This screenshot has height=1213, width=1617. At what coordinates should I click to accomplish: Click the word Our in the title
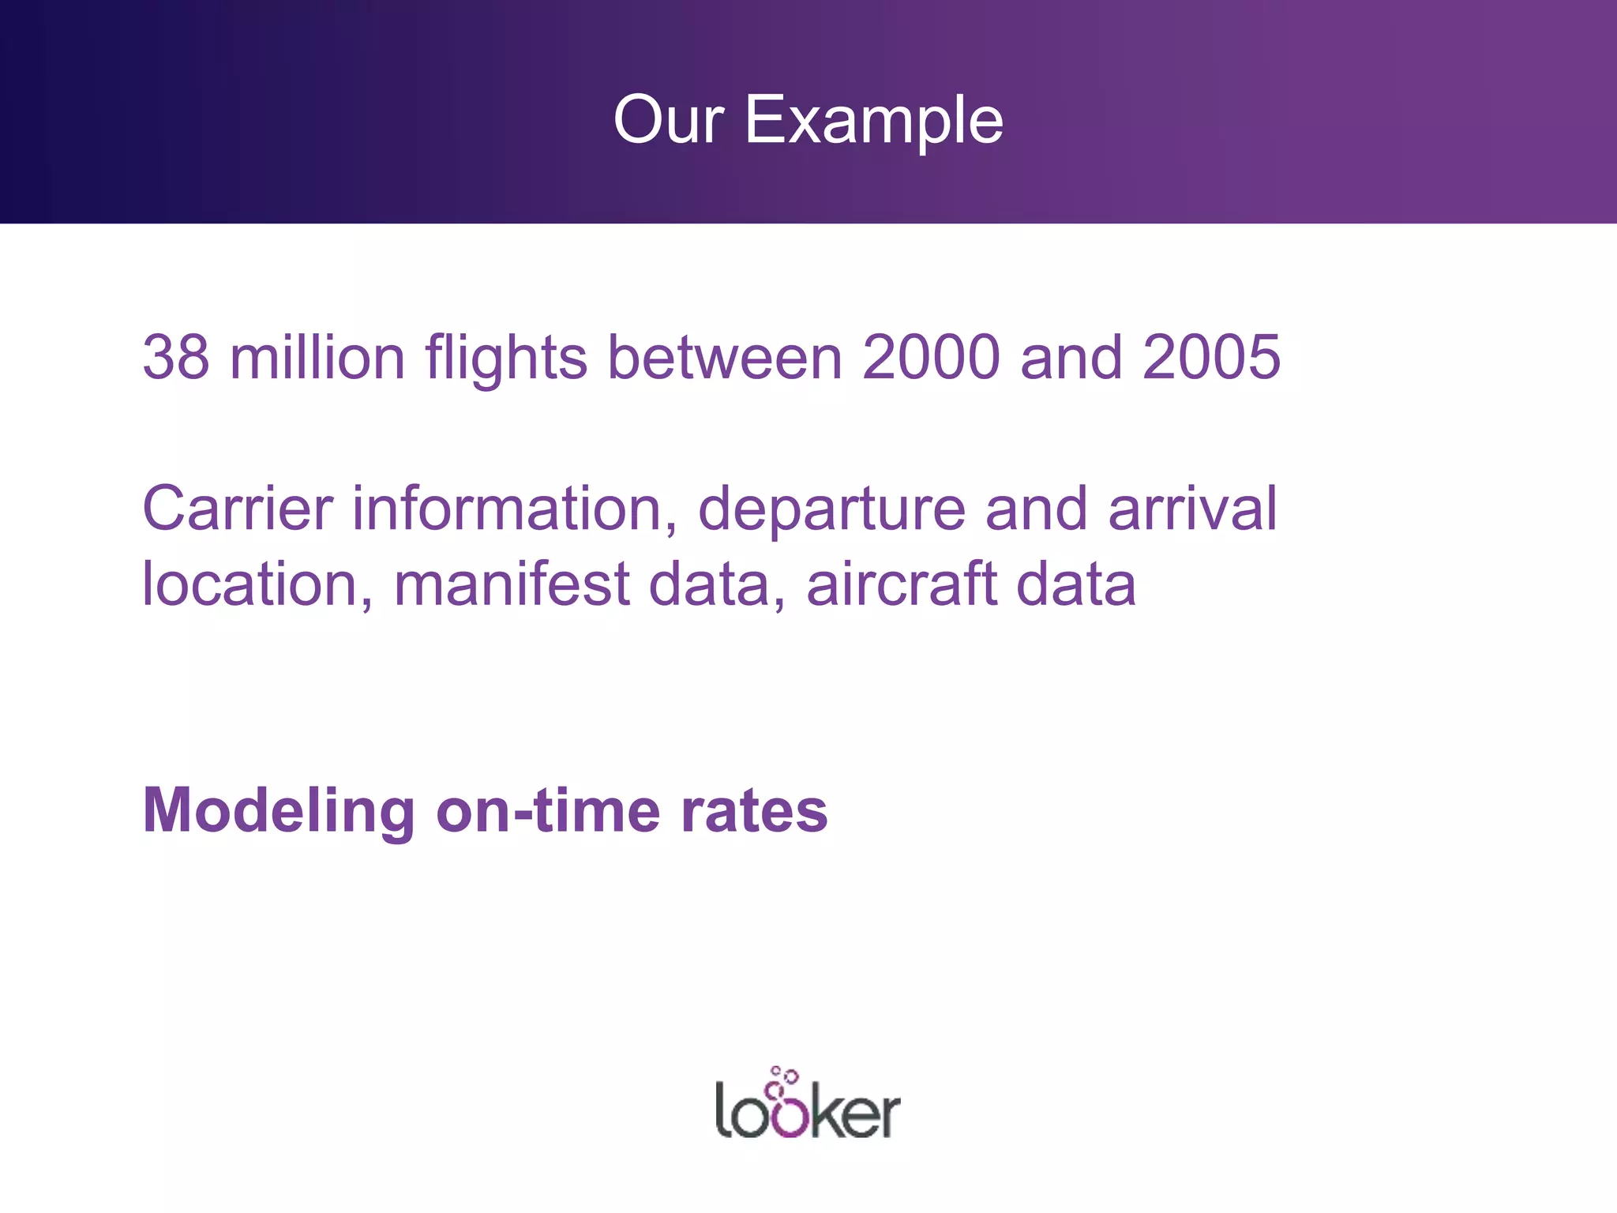click(668, 120)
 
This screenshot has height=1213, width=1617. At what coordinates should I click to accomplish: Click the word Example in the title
click(874, 120)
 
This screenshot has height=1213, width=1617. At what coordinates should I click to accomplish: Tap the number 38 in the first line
click(175, 357)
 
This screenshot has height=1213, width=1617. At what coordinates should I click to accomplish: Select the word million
click(317, 357)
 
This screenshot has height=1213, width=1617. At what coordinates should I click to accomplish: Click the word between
click(725, 357)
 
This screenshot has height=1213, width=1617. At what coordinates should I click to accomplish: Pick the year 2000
click(932, 357)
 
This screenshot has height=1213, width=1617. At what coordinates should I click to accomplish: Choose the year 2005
click(1211, 357)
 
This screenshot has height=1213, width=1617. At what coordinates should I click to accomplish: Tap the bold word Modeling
click(279, 812)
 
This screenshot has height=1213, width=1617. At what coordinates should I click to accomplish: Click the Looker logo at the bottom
click(808, 1110)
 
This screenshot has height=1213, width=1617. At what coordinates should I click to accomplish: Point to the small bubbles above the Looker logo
click(784, 1076)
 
